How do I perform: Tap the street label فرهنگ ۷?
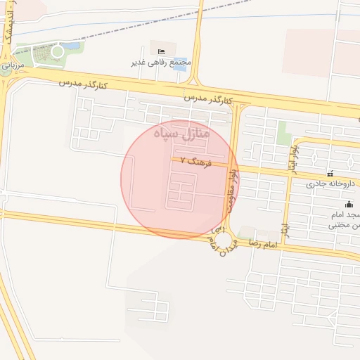(x=195, y=161)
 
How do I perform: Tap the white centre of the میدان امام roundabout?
(x=226, y=243)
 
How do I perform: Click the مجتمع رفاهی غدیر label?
(x=161, y=63)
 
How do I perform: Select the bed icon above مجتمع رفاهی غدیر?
(x=162, y=51)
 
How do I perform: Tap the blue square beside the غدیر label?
(x=180, y=63)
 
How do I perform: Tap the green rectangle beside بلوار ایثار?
(x=284, y=133)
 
